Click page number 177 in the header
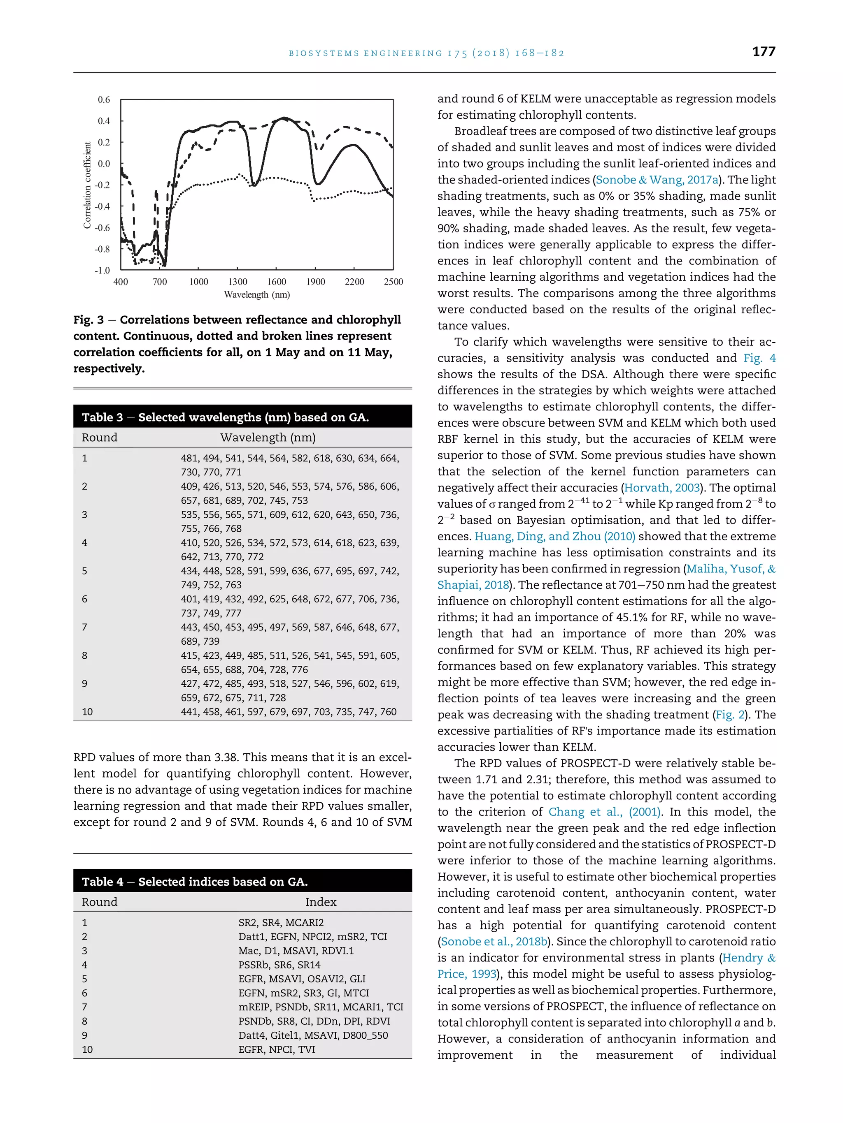[x=763, y=51]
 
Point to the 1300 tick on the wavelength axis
[x=238, y=282]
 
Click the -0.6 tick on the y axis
[x=102, y=227]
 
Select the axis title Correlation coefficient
[x=87, y=185]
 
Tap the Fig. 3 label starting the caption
[x=88, y=320]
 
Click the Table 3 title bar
[x=242, y=417]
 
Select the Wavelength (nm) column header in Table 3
[x=268, y=438]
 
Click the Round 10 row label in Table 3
[x=87, y=712]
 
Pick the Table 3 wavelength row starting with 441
[x=289, y=712]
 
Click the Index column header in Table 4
[x=321, y=902]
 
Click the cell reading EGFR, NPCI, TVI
[x=277, y=1049]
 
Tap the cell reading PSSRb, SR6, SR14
[x=279, y=965]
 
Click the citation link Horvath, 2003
[x=661, y=488]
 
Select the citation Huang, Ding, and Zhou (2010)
[x=555, y=537]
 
